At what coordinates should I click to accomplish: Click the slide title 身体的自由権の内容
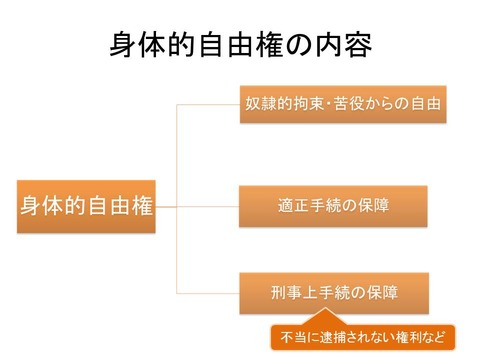coord(240,45)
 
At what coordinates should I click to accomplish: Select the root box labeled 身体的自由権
coord(88,206)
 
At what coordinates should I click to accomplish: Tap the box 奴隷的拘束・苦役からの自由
coord(342,103)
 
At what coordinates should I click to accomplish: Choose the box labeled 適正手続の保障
coord(333,206)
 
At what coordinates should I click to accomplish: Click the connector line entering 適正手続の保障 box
coord(210,206)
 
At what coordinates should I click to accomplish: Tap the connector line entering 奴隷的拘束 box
coord(210,103)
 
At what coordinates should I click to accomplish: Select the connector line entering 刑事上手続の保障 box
coord(210,294)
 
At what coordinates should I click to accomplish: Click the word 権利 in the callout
coord(410,337)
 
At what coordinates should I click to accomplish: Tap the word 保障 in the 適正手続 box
coord(374,206)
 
